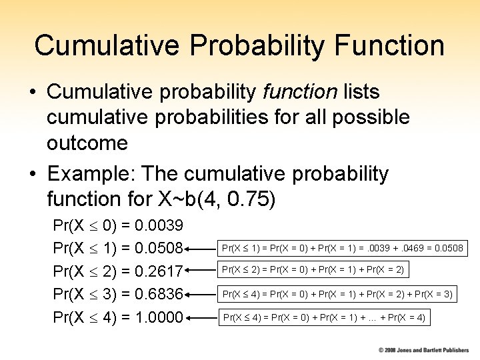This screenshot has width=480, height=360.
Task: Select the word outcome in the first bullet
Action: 87,143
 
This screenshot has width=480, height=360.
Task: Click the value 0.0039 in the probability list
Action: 159,225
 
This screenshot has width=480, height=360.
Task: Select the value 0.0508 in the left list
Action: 159,249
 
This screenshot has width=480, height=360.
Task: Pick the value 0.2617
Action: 159,271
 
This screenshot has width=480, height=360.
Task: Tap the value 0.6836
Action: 159,294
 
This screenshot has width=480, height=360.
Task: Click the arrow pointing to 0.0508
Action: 201,249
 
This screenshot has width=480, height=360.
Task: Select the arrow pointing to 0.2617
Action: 201,271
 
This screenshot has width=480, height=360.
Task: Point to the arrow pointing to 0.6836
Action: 201,294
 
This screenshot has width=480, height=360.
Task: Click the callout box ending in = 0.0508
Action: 342,249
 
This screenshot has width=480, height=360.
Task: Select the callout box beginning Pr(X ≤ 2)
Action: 312,270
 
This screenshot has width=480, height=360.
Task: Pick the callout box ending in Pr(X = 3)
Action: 337,293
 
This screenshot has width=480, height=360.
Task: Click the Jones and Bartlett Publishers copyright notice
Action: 423,349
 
